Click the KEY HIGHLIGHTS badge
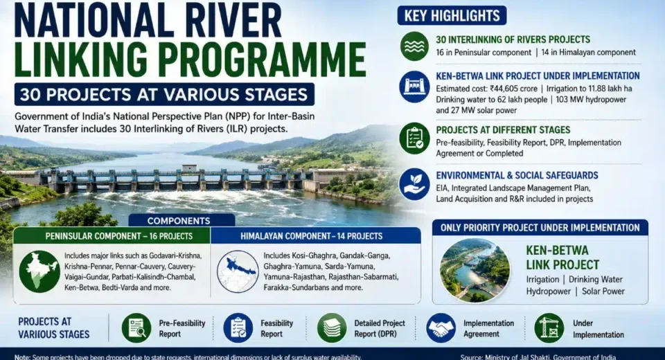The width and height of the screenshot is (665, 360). tap(452, 16)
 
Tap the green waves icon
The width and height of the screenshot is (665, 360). tap(414, 46)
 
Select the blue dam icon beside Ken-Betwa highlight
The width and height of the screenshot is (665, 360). tap(414, 87)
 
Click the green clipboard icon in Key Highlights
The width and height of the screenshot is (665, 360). tap(414, 138)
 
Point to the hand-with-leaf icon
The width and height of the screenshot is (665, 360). tap(414, 184)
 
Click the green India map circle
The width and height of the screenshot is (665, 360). tap(39, 271)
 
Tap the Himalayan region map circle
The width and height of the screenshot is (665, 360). tap(238, 271)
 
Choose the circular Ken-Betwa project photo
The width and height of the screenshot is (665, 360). tap(475, 270)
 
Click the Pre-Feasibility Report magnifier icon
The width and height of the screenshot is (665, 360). tap(136, 328)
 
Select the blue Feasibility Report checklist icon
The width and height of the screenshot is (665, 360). tap(238, 328)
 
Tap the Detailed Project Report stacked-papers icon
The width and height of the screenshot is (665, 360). tap(332, 328)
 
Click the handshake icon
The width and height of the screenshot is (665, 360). tap(441, 328)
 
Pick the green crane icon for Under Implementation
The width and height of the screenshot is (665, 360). tap(549, 328)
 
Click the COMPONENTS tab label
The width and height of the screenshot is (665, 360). tap(179, 221)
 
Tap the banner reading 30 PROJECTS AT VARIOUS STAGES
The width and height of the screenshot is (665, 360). tap(164, 94)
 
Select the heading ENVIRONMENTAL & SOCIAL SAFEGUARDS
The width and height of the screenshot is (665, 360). tap(517, 176)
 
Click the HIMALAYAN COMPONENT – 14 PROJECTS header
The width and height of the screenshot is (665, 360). tap(311, 236)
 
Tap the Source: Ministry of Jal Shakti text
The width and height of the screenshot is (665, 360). tap(538, 357)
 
